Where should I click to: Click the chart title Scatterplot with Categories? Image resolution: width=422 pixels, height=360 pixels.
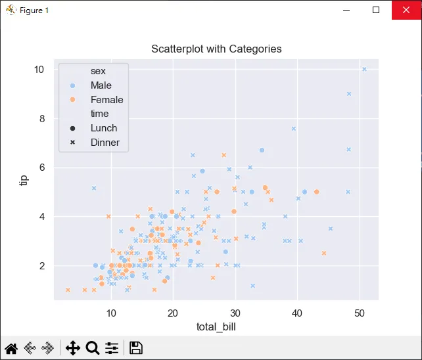coord(216,49)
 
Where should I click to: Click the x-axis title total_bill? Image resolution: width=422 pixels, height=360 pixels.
coord(216,326)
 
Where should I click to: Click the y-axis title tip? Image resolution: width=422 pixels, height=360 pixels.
coord(24,179)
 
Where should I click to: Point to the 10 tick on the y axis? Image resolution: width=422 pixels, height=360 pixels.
coord(39,70)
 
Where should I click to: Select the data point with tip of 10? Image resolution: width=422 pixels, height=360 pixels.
coord(364,70)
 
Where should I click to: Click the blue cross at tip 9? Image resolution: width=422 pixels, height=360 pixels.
coord(349,94)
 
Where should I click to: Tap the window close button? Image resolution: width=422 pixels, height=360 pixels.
coord(407,10)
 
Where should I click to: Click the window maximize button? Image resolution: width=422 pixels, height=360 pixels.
coord(376,10)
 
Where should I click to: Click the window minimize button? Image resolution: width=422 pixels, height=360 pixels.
coord(346,10)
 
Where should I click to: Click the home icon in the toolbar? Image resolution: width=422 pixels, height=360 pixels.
coord(11,348)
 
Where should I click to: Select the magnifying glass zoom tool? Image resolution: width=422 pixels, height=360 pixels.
coord(92,348)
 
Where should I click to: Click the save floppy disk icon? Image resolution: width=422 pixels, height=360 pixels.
coord(136,348)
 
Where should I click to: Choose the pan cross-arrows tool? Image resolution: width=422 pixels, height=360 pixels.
coord(72,348)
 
